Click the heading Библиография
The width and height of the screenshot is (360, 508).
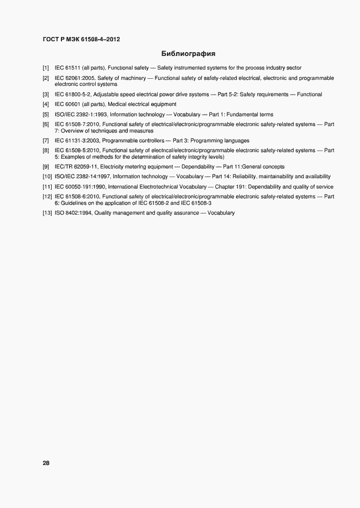point(188,54)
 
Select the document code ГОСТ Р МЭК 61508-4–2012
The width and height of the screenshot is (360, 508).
point(82,39)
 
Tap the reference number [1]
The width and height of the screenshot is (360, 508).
point(46,68)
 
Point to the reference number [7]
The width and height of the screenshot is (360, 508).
point(46,141)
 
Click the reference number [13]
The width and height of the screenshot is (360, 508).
point(47,213)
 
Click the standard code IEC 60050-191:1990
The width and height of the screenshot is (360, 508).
point(80,186)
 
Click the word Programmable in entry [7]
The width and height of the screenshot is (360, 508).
point(117,141)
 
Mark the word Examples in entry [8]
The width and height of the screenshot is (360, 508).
point(71,156)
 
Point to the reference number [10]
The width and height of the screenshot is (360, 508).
point(47,177)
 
